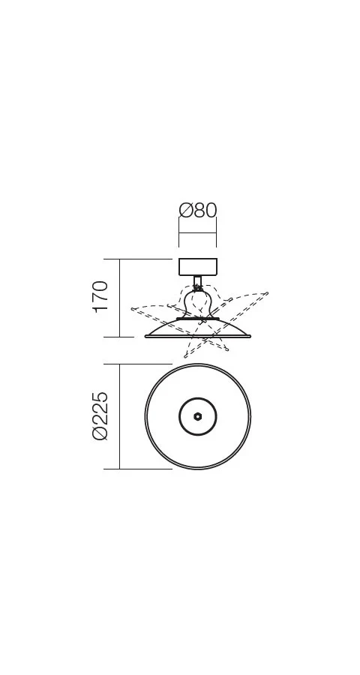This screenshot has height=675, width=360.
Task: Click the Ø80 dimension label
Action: [198, 211]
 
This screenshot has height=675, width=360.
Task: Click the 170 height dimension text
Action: [100, 296]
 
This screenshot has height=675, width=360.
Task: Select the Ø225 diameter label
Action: [100, 415]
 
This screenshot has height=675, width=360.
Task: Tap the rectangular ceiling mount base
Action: [198, 267]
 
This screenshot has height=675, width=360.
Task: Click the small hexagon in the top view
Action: [198, 416]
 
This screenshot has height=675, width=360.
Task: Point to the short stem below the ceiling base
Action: [198, 282]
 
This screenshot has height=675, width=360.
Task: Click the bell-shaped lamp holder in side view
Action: [198, 304]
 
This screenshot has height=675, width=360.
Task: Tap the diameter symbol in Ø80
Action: [185, 211]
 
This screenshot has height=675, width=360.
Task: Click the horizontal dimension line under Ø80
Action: [198, 233]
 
